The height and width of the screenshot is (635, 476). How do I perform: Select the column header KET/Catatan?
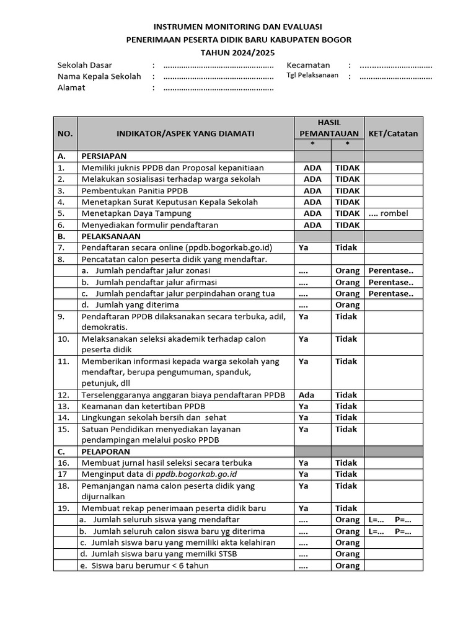point(393,133)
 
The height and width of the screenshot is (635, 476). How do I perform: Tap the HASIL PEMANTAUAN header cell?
point(328,128)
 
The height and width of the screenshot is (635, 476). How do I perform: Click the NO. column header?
point(65,133)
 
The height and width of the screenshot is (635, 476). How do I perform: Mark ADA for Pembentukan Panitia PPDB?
point(312,191)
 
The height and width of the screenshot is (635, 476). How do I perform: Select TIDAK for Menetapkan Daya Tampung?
point(347,213)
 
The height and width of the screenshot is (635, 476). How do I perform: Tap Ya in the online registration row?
point(304,247)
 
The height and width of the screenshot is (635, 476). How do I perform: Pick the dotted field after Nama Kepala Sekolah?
point(218,77)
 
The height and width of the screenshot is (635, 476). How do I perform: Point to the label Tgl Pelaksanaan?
point(312,76)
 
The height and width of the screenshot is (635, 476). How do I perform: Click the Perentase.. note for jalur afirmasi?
point(390,282)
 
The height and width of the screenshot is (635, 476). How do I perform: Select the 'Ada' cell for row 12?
point(306,395)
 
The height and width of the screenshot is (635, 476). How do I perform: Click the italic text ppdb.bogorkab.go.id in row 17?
point(196,474)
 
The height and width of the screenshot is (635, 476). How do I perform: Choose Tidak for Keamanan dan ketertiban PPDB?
point(346,406)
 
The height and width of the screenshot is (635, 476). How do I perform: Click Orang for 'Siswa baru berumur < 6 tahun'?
point(347,566)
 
